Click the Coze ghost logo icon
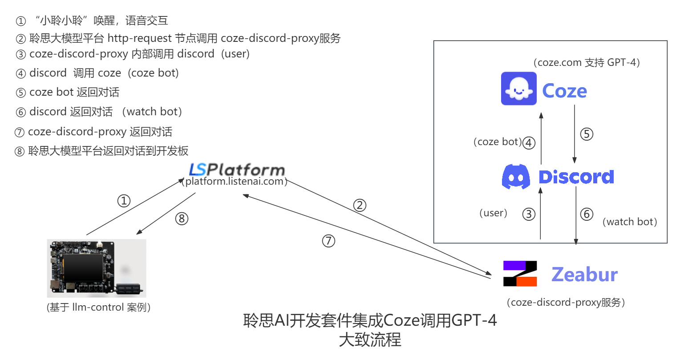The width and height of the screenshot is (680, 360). (518, 89)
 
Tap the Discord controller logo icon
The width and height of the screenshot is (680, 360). (516, 177)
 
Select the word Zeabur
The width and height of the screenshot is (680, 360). (584, 275)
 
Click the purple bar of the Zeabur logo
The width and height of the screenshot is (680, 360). (514, 266)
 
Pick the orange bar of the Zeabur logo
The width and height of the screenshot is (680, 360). (526, 281)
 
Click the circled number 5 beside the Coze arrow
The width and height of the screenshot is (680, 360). (587, 134)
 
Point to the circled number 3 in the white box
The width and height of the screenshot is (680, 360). (528, 214)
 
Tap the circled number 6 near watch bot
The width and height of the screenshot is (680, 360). (587, 214)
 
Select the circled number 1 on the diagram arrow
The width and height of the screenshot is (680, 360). (124, 201)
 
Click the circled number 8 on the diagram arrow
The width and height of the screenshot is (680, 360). (182, 218)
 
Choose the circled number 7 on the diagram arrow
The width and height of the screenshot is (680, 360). (328, 241)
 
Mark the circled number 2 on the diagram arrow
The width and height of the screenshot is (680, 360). (360, 205)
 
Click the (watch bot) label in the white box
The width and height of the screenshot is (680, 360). (630, 222)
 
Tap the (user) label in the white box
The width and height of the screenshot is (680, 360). (494, 213)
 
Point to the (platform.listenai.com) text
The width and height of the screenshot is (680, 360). (234, 182)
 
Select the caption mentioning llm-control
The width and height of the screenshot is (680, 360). (98, 307)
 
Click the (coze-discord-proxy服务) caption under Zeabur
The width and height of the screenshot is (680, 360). (566, 303)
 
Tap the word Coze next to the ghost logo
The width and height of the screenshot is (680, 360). (564, 91)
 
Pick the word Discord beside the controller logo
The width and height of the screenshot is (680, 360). (576, 177)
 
